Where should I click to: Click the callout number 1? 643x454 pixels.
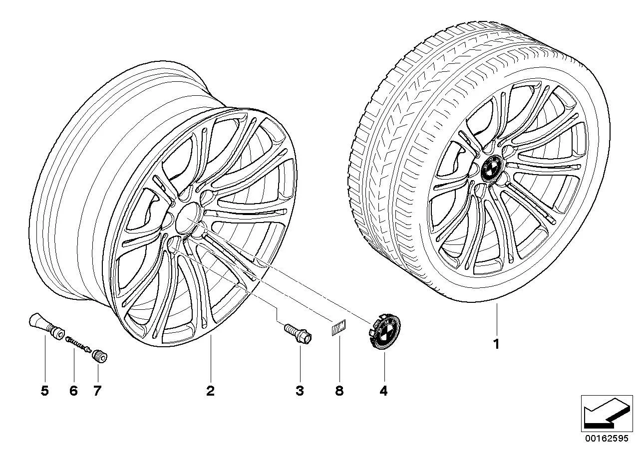pos(496,344)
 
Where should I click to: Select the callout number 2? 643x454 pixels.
pos(210,391)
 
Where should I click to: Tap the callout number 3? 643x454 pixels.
pos(300,391)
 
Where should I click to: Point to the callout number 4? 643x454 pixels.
pos(383,391)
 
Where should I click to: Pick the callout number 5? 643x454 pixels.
pos(45,391)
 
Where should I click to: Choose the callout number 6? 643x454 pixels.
pos(73,391)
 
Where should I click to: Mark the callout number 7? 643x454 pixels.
pos(97,391)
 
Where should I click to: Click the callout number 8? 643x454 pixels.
pos(339,391)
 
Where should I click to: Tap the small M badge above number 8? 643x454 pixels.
pos(338,327)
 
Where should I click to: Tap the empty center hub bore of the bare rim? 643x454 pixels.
pos(188,219)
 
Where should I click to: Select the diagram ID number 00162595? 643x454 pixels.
pos(607,439)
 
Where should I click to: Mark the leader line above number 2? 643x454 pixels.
pos(210,359)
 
